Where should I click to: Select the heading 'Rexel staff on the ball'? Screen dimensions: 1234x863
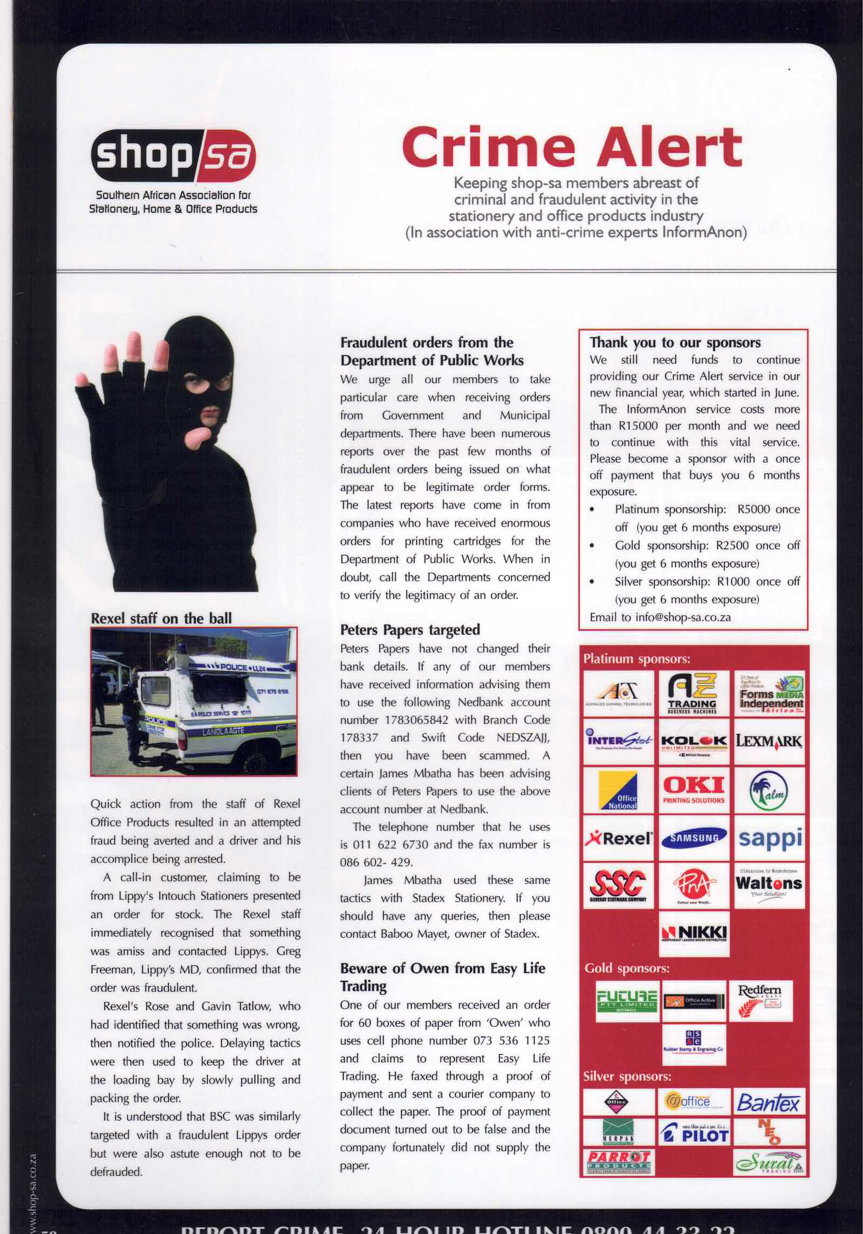coord(161,618)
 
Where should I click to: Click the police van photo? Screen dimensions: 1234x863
coord(194,701)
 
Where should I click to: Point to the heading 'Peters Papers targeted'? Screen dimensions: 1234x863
coord(410,629)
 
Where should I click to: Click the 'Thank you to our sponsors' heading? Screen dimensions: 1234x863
coord(675,342)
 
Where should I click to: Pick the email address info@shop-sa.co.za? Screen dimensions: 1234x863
coord(683,617)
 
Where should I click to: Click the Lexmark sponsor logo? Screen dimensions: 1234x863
coord(769,741)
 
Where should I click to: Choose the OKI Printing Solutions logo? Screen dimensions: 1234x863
coord(694,790)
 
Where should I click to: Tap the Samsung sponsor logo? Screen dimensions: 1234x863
coord(694,838)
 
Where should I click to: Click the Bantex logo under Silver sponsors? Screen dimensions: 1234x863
coord(768,1102)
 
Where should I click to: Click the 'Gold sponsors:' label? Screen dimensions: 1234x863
coord(627,968)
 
